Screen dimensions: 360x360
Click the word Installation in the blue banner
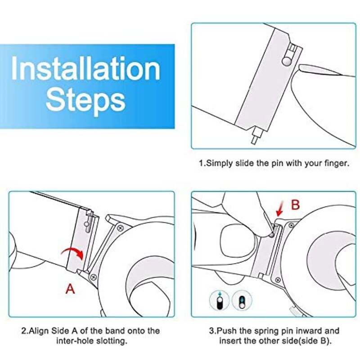coord(85,68)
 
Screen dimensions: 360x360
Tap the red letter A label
coord(70,289)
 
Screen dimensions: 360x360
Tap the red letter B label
coord(296,205)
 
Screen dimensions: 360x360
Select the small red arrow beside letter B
coord(280,208)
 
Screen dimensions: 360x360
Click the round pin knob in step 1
coord(287,61)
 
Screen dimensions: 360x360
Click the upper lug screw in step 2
coord(121,228)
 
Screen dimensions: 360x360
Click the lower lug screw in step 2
coord(94,277)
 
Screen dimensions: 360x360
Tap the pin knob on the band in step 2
coord(86,224)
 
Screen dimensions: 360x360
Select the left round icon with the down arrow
coord(219,301)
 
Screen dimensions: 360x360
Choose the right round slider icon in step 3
coord(242,301)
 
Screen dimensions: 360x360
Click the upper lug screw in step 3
coord(291,225)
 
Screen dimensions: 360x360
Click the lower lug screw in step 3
coord(278,280)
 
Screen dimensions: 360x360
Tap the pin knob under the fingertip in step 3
coord(272,235)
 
